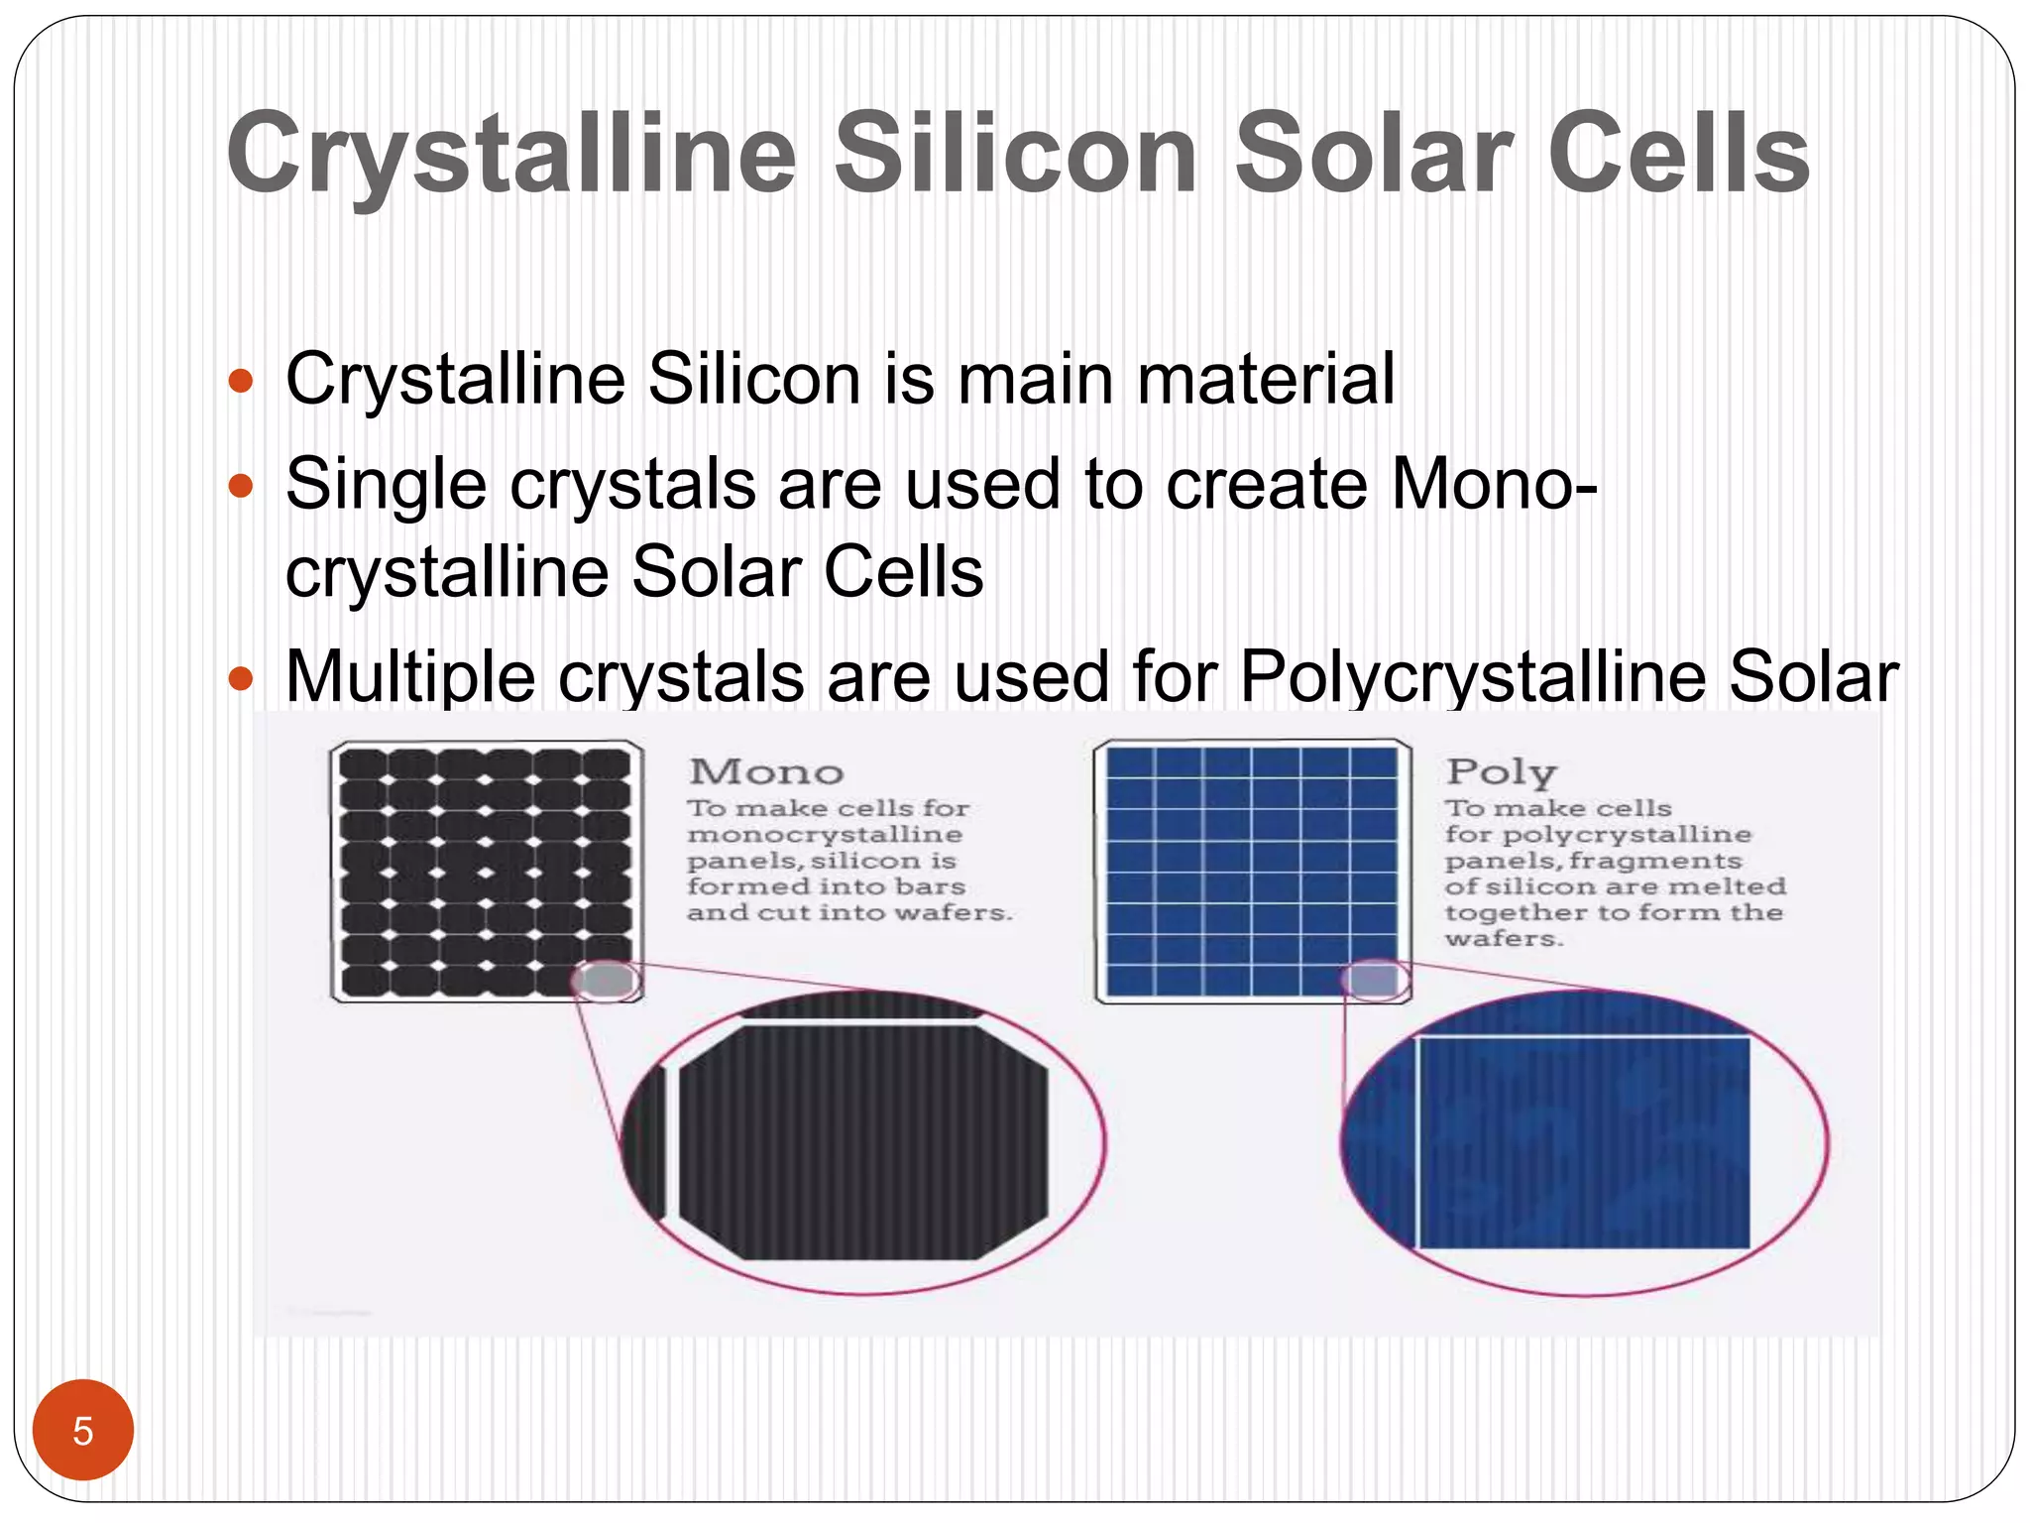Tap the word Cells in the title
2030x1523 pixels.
[1679, 154]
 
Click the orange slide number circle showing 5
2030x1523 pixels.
[83, 1430]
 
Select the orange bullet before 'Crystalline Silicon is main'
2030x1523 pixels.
[241, 381]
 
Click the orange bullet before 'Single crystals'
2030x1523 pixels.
[241, 486]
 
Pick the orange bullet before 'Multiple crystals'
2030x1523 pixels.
[241, 679]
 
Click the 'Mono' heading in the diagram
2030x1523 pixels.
[766, 772]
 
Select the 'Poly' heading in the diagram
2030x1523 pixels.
[1501, 772]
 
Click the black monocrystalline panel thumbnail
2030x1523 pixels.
[485, 870]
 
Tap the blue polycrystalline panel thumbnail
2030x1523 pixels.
[1251, 870]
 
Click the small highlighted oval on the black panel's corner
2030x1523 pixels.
[607, 981]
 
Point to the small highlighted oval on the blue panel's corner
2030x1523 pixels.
[1376, 981]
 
